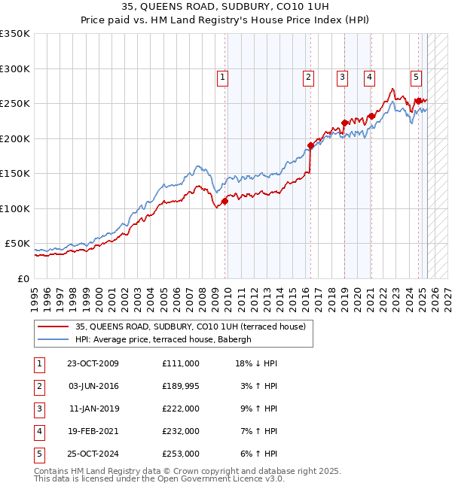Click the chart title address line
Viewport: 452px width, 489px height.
(x=226, y=7)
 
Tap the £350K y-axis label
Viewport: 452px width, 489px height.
(x=15, y=34)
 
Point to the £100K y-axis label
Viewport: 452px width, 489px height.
(x=15, y=209)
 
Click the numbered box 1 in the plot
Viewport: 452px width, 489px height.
(x=224, y=77)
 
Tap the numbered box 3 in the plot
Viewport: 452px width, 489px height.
(x=342, y=77)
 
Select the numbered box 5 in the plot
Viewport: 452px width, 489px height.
(x=416, y=77)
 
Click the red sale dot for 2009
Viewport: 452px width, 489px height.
(x=224, y=201)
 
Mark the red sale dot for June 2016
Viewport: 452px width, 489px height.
(x=310, y=145)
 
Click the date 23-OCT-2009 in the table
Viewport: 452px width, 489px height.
(x=93, y=363)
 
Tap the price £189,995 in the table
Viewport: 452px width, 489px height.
(x=180, y=386)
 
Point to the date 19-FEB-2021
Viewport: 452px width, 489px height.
(x=93, y=431)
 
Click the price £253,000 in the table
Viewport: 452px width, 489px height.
(x=180, y=454)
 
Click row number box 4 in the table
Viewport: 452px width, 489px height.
(x=38, y=431)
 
